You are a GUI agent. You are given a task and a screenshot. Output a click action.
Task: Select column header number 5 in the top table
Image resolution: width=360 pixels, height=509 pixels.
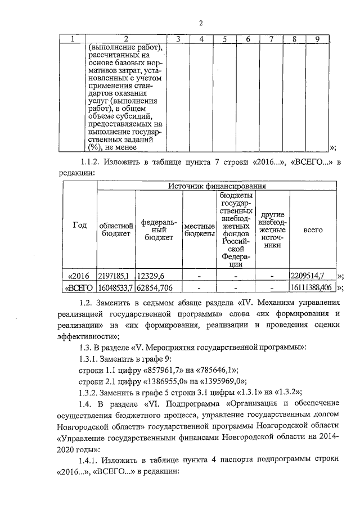[224, 39]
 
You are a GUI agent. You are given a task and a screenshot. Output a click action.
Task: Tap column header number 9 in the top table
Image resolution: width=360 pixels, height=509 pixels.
[317, 39]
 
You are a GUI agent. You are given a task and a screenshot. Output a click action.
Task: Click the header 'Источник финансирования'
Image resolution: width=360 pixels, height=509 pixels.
[217, 185]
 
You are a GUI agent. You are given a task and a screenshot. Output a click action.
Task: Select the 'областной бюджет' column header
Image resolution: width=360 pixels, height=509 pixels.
[116, 229]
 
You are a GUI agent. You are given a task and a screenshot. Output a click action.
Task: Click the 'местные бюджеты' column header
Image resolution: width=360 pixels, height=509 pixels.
[200, 229]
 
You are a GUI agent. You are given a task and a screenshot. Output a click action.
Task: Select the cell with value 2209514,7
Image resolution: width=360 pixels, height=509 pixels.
[308, 276]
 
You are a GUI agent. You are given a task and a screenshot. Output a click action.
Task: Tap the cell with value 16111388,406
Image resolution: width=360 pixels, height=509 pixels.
[312, 287]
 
